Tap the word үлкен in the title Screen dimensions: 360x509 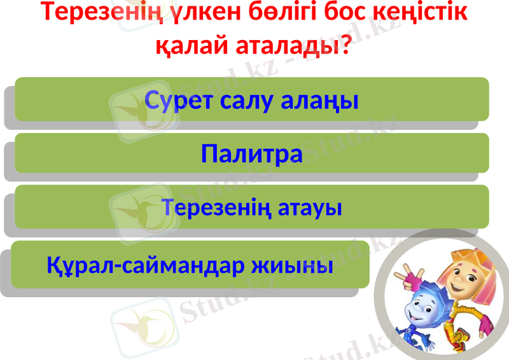tap(210, 12)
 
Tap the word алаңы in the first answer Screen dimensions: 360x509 tap(324, 100)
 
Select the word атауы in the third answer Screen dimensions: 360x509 tap(309, 207)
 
